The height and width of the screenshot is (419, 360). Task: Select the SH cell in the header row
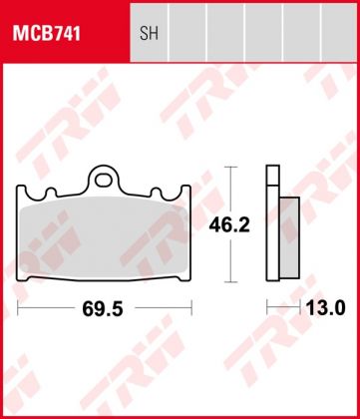(x=148, y=32)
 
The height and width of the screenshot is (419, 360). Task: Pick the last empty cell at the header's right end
(x=332, y=32)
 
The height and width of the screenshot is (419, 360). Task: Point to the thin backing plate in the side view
(x=270, y=224)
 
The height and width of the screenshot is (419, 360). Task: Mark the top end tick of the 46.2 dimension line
(x=231, y=167)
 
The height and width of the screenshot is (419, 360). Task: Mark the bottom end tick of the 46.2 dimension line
(x=231, y=283)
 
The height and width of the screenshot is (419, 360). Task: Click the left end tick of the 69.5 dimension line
(x=19, y=309)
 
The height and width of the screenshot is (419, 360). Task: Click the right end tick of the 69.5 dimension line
(x=189, y=309)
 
